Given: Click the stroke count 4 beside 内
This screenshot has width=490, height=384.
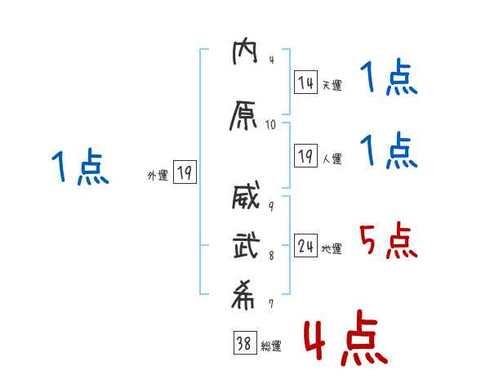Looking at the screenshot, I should coord(271,60).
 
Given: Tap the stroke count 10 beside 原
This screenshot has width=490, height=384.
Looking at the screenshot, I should coord(271,125).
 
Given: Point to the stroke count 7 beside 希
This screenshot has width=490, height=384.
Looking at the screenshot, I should coord(271,304).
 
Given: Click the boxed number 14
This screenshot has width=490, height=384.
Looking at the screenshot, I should coord(306,83).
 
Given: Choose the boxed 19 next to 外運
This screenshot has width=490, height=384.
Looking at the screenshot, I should coord(185,172).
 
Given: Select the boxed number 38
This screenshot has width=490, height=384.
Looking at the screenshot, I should coord(243,345).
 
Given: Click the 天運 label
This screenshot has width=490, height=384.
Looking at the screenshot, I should coord(332,84).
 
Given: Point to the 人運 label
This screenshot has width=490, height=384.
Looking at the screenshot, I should coord(332,159).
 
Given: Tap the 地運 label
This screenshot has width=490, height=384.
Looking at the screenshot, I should coord(332,249).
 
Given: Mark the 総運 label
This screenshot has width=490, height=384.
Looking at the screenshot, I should coord(270,346).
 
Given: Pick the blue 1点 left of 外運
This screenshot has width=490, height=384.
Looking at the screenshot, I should coord(79,167).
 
